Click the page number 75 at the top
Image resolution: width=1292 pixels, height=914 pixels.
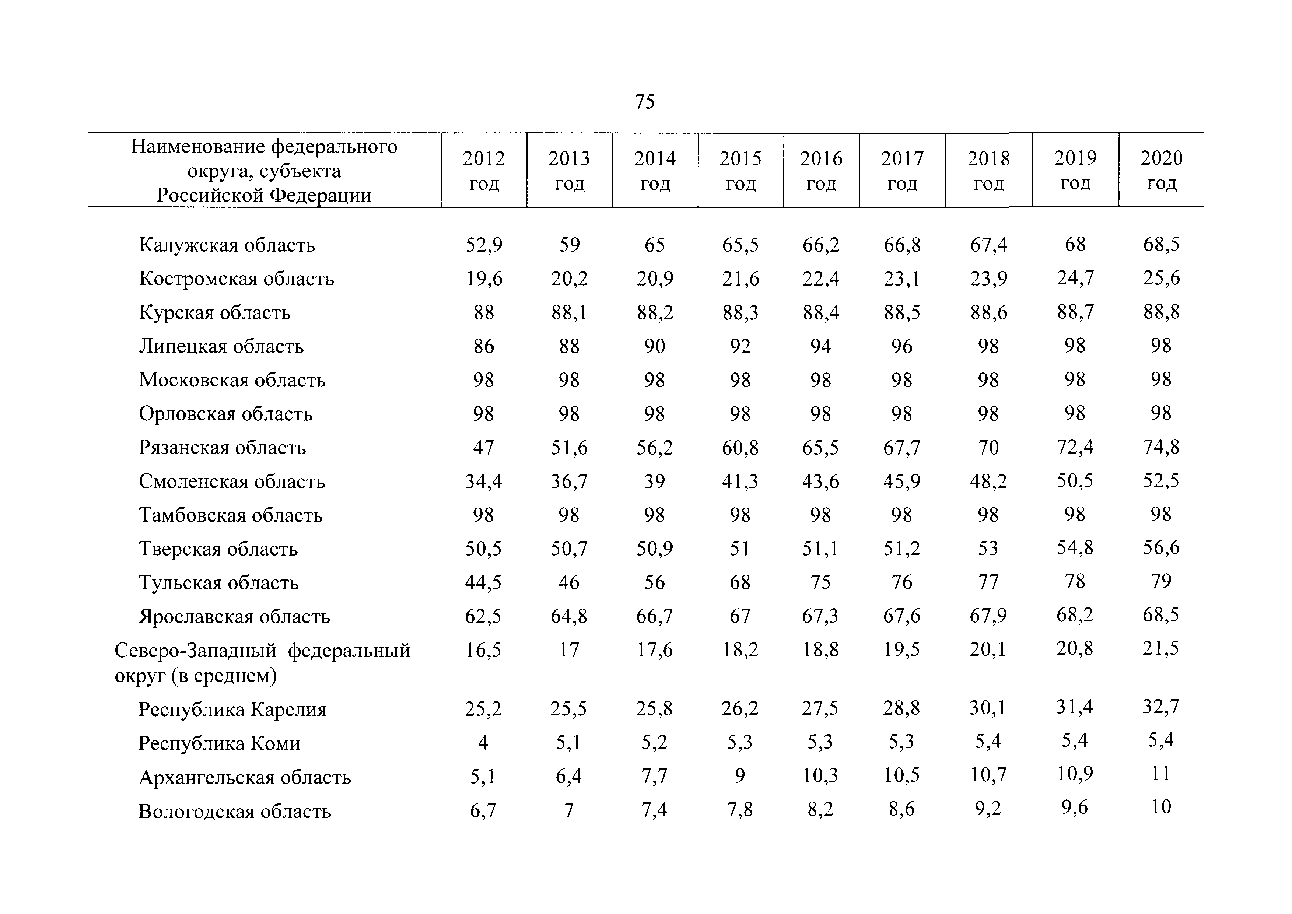pos(644,102)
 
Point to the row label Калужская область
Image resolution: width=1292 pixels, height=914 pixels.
pos(227,245)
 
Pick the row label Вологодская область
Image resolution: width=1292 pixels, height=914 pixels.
pos(235,811)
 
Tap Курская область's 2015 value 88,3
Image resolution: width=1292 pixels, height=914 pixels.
pos(740,312)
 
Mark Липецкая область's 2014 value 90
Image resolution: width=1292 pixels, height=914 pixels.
pos(654,346)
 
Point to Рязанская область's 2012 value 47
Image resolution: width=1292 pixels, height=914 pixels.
pos(483,448)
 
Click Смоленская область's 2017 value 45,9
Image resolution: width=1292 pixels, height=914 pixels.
pos(902,481)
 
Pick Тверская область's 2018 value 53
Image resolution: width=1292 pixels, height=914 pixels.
pos(988,548)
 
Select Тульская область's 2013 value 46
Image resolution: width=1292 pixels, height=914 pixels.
pos(569,582)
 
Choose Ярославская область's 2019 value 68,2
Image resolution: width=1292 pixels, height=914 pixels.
pos(1075,615)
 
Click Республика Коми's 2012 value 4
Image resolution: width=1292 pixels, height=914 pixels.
pos(483,743)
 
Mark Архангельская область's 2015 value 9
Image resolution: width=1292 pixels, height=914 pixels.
pos(740,776)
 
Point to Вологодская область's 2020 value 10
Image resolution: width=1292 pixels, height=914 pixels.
pos(1161,807)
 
